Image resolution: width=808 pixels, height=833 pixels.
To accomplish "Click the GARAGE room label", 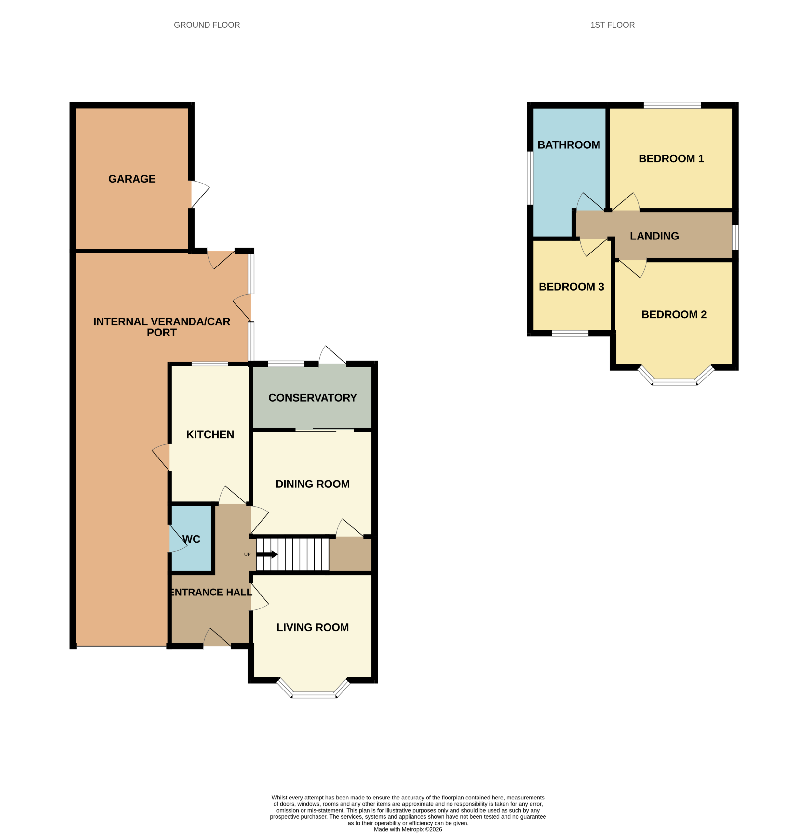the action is tap(132, 179).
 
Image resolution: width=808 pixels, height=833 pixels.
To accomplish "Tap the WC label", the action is tap(191, 539).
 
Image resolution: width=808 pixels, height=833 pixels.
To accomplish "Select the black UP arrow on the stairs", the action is tap(267, 554).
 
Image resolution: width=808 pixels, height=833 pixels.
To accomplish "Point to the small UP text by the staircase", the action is tap(247, 554).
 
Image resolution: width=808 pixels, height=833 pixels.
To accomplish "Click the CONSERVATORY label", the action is tap(312, 398).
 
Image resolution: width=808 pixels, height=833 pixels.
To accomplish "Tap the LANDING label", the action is tap(654, 236).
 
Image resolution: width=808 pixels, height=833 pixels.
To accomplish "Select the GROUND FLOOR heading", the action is tap(207, 25).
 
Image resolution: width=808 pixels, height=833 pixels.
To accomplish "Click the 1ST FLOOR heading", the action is tap(612, 25).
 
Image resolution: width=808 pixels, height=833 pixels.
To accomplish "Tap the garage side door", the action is tap(200, 195).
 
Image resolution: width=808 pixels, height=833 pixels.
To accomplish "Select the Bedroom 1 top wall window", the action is tap(672, 105).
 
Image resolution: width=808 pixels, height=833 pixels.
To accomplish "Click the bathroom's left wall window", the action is tap(530, 178).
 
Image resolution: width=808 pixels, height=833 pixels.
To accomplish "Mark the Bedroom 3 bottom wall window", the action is tap(570, 333).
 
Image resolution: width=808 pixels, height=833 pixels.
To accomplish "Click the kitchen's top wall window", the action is tap(210, 364).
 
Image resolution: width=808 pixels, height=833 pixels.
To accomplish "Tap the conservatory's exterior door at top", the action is tap(333, 355).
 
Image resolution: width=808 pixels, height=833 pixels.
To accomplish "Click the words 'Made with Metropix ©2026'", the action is tap(408, 829).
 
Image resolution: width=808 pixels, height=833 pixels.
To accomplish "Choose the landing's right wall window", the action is tap(735, 238).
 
